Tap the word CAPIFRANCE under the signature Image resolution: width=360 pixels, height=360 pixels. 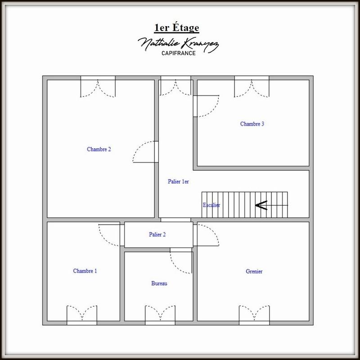(179, 53)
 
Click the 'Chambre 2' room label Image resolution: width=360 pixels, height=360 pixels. (99, 150)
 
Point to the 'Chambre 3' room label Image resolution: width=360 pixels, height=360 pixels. (252, 124)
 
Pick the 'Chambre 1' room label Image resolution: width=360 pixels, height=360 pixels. (85, 271)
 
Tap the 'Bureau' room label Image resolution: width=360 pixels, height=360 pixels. (159, 283)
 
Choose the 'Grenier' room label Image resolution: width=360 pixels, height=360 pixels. (254, 271)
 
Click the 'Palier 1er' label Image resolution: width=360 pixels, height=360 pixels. (178, 182)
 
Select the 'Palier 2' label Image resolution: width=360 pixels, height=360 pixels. (157, 234)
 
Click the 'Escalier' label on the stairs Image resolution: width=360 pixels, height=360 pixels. (211, 205)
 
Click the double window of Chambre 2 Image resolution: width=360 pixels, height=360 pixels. (98, 87)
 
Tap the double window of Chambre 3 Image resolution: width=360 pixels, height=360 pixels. (252, 87)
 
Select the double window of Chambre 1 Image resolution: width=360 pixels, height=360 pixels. (81, 315)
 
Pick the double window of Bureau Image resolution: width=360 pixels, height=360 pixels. (160, 315)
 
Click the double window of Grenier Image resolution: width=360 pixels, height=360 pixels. (254, 315)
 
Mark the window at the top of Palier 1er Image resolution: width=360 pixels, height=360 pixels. (176, 87)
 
